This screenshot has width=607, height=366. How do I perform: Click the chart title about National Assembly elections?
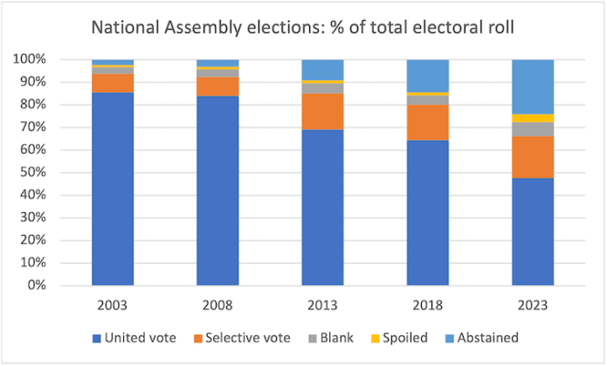point(303,28)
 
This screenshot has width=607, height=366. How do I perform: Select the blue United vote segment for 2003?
point(113,189)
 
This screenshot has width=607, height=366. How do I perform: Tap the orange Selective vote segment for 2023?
point(533,157)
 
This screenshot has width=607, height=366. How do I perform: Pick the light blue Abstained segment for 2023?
point(533,86)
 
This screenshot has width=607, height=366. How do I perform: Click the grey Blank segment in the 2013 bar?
point(323,88)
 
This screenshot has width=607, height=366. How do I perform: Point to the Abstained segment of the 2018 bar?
point(428,75)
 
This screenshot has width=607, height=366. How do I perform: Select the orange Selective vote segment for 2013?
point(323,112)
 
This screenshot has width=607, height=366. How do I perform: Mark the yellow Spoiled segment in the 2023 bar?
point(533,118)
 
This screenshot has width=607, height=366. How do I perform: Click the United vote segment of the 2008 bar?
point(217,190)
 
